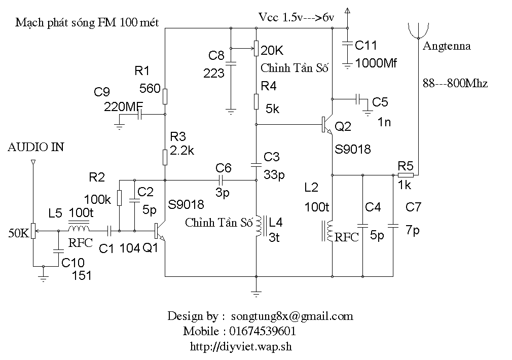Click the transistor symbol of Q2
[x=326, y=125]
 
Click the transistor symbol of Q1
[x=159, y=231]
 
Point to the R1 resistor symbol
[x=165, y=95]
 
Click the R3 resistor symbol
[x=165, y=157]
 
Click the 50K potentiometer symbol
[x=33, y=231]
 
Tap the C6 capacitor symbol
[x=221, y=179]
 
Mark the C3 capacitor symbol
[x=256, y=164]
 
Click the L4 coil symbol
[x=259, y=227]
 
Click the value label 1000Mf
[x=376, y=63]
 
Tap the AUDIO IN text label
[x=36, y=148]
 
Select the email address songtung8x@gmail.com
[x=291, y=316]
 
